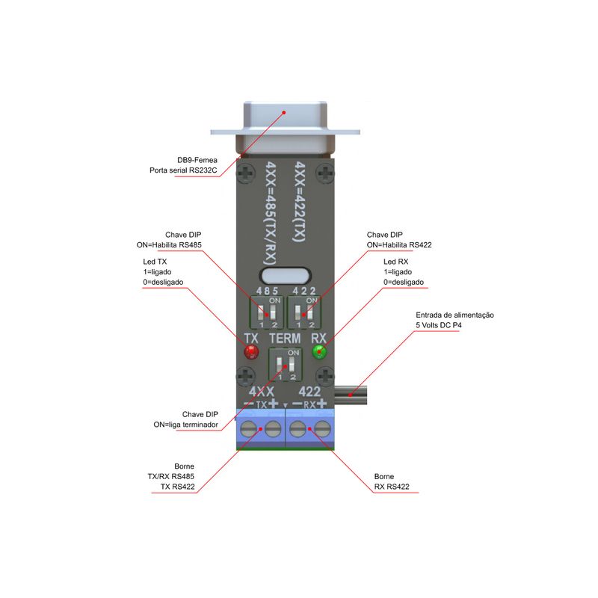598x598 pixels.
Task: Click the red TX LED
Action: point(250,352)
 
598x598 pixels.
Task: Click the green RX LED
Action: point(321,352)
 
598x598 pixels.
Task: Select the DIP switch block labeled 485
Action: point(267,312)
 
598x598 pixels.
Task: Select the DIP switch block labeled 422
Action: point(304,312)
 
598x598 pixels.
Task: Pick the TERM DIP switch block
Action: point(285,366)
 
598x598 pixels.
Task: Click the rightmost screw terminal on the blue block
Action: point(322,429)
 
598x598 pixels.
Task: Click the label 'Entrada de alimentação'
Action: point(454,315)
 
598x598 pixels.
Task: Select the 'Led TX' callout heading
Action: point(155,262)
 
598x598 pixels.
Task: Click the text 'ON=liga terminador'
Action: point(186,424)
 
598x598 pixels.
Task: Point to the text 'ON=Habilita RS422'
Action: point(399,244)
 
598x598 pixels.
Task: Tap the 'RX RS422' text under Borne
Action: point(392,486)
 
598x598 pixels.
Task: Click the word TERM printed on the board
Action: point(285,338)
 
